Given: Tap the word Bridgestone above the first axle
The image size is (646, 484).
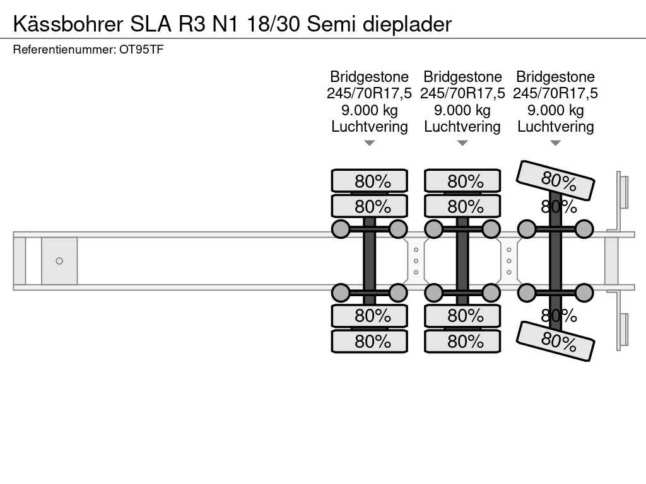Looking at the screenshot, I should pos(370,77).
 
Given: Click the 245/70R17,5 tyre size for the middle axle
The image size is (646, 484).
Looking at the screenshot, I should pos(462,93).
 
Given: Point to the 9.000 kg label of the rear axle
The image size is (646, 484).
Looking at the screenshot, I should pos(555,110).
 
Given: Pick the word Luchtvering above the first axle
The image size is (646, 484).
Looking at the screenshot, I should pos(370,127).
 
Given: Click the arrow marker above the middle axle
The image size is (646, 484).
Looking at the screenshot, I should pos(462,143).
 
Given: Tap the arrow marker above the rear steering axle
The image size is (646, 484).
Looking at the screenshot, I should pos(555,143).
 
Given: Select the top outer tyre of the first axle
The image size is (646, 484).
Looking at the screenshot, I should pos(370,181).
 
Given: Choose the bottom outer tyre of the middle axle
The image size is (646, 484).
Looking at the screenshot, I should pos(462,341).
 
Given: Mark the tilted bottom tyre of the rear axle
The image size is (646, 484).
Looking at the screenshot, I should pos(556,341).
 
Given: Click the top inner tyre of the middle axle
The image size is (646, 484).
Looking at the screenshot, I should pos(462,206).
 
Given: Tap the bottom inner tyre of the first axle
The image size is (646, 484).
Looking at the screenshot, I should pos(370,315).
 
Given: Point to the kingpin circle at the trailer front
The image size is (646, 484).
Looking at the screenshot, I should pos(59,261).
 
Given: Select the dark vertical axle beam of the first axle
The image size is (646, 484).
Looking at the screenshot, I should pos(370,260).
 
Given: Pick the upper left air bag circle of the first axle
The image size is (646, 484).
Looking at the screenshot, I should pos(341,229).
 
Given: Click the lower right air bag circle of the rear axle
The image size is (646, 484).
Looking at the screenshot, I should pos(584,292).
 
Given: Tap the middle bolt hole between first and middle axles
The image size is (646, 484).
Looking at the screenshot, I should pos(416,261).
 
